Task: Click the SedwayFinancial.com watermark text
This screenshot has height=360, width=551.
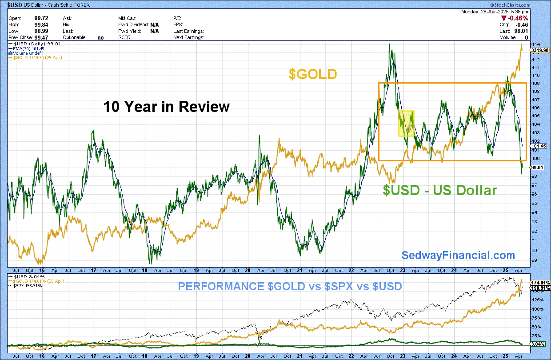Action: [x=458, y=256]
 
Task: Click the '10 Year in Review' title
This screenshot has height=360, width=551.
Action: [x=166, y=107]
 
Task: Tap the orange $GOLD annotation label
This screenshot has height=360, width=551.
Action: [x=313, y=74]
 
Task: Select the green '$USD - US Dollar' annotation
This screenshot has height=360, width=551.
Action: [x=440, y=190]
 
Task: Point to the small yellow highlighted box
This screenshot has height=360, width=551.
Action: [x=406, y=123]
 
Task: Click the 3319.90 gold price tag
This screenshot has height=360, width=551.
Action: [x=540, y=50]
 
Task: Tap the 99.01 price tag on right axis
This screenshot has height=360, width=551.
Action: [x=537, y=168]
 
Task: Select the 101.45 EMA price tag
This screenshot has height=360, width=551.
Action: [x=539, y=146]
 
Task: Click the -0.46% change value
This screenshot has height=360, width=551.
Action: [x=518, y=18]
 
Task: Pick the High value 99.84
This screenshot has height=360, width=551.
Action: [x=41, y=24]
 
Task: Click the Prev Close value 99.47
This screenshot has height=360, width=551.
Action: [x=41, y=37]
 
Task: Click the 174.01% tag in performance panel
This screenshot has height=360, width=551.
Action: [x=540, y=283]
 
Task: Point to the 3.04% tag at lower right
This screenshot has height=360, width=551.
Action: [x=538, y=344]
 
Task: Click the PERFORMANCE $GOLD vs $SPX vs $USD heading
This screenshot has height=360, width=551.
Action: [x=290, y=286]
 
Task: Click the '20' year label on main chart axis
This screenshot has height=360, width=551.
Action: [x=248, y=270]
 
